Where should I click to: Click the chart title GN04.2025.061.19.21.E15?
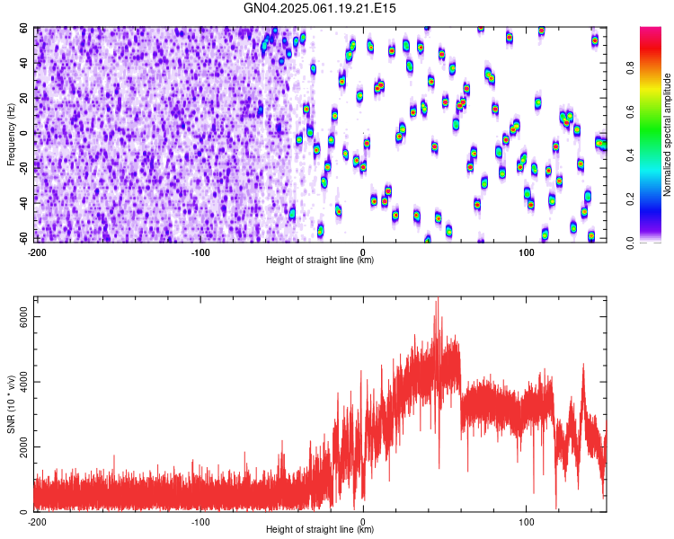pos(319,8)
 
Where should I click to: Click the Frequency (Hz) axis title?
pos(11,135)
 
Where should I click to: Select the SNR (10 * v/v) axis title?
pos(11,404)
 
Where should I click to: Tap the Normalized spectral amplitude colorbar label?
pos(667,135)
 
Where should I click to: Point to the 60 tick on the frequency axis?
pos(23,29)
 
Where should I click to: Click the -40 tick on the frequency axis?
pos(23,203)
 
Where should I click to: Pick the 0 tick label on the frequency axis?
pos(23,133)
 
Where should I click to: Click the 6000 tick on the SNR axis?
pos(23,317)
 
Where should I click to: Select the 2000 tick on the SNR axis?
pos(23,447)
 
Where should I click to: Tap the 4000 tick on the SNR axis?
pos(23,382)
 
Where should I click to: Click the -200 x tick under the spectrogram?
pos(37,252)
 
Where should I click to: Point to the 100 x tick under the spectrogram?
pos(526,252)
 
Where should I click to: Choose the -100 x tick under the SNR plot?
pos(200,522)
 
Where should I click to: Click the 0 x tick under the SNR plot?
pos(363,522)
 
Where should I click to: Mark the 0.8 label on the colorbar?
pos(630,68)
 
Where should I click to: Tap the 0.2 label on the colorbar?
pos(630,199)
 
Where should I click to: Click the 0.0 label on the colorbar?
pos(630,243)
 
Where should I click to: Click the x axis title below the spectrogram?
pos(320,260)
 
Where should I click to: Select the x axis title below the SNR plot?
pos(320,529)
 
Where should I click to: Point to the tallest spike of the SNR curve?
pos(438,299)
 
